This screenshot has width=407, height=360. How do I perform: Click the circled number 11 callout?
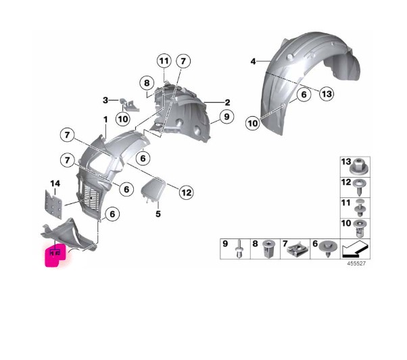pos(164,61)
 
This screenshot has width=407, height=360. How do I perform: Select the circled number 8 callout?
pos(147,83)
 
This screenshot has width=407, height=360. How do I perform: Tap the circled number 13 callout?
pos(327,94)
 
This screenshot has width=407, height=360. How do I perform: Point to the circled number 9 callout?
pos(226,117)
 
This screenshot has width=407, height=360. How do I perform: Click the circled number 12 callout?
pos(186,192)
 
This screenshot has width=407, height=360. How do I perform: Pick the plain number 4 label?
pos(253,61)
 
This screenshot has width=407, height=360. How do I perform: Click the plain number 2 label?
pos(227,103)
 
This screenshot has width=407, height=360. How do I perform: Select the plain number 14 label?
pos(55,184)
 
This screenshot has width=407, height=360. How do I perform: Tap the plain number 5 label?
pos(158,214)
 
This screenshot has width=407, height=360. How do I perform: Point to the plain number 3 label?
pos(105,100)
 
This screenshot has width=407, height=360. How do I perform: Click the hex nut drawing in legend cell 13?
pos(360,167)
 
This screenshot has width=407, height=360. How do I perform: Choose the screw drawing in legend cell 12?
pos(360,187)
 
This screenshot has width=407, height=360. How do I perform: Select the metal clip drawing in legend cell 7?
pos(297,249)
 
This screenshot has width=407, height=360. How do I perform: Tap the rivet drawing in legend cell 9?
pos(239,249)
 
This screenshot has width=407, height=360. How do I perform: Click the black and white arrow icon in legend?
pos(355,249)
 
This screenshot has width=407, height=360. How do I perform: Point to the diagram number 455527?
pos(356,263)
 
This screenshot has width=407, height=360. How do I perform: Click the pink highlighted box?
pos(55,255)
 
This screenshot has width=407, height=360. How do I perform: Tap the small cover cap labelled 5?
pos(153,189)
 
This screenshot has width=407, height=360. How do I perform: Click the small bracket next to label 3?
pos(130,105)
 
